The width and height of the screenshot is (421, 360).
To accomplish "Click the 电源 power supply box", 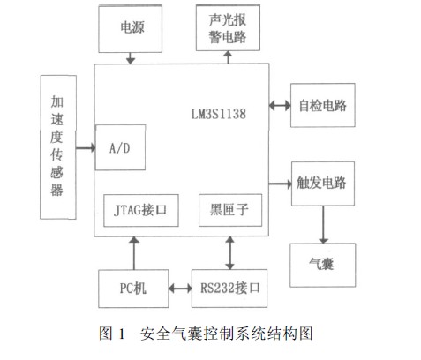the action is click(x=130, y=29).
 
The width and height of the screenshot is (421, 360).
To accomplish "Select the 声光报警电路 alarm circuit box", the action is click(x=228, y=28).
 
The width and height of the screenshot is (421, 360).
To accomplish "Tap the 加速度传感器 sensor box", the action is click(x=58, y=147).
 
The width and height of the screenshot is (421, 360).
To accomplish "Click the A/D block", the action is click(x=120, y=147).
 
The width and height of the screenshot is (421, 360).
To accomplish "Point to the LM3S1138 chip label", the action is click(x=219, y=114).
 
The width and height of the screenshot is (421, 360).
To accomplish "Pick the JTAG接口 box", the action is click(x=141, y=210).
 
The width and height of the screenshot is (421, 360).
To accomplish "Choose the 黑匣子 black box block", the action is click(x=230, y=210).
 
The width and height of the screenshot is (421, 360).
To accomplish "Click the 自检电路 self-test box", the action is click(x=323, y=105).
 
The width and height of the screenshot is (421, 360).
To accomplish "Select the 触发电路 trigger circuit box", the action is click(x=323, y=184).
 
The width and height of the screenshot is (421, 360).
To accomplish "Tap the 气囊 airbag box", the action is click(x=322, y=265).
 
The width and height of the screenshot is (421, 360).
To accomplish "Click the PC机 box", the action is click(x=133, y=289).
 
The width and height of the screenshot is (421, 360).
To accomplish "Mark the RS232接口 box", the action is click(x=229, y=289).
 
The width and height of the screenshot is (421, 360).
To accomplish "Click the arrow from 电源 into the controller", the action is click(x=131, y=58).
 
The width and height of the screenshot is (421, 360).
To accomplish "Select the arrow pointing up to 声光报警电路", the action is click(x=228, y=57).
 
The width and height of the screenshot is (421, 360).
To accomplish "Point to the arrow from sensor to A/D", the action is click(x=86, y=148).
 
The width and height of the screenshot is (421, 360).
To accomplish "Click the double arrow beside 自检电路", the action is click(x=280, y=105).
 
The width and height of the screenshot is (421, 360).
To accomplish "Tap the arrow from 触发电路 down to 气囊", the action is click(x=323, y=224).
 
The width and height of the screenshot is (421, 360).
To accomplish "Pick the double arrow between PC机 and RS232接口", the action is click(x=180, y=289).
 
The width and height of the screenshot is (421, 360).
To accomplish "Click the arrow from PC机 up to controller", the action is click(x=134, y=253).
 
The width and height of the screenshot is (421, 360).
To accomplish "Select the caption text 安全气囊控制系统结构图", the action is click(x=227, y=334).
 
